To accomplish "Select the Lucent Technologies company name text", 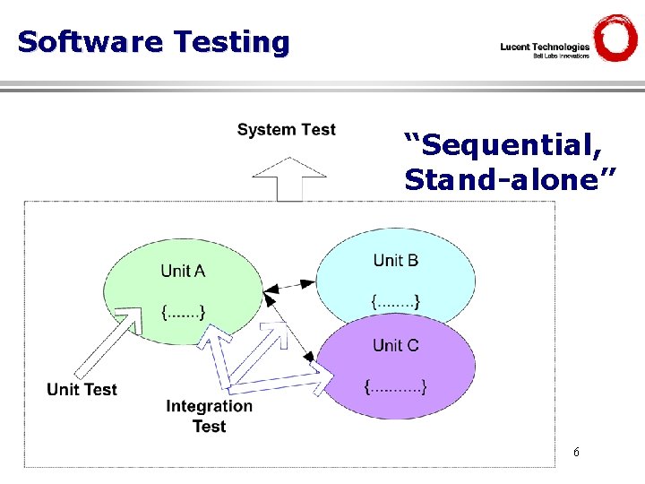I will coord(545,47).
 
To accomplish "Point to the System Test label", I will coord(286,130).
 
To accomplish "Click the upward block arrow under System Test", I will coord(289,179).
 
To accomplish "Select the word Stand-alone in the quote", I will coord(510,179).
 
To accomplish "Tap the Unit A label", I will coord(183,271).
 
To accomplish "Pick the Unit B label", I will coord(395,260).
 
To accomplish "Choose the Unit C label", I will coord(395,345).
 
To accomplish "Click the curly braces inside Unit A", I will coord(183,313).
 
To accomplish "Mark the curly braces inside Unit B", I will coord(395,302).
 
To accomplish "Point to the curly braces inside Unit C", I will coord(395,387).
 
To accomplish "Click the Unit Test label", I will coord(82,389).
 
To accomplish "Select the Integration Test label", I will coord(209,416).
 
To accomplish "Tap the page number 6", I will coord(576,453).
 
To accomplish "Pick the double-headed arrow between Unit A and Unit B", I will coord(289,288).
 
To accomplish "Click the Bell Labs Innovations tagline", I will coord(561,56).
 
